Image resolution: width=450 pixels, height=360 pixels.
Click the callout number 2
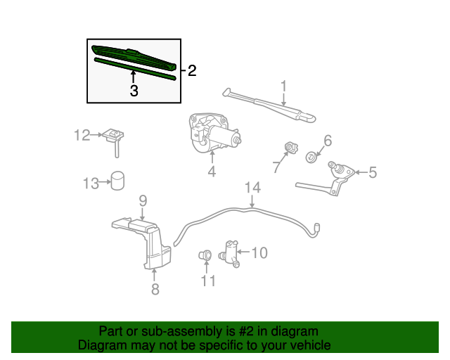(x=191, y=70)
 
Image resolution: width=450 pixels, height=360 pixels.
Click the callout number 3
(x=133, y=91)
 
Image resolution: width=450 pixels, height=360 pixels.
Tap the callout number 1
(x=283, y=86)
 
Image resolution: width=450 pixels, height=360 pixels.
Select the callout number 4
(x=211, y=171)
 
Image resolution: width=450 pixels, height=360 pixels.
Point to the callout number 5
(x=373, y=172)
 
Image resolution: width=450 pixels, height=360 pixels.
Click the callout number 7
(x=276, y=167)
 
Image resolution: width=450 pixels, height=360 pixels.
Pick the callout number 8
(x=155, y=288)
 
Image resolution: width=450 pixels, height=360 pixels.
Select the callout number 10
(x=259, y=252)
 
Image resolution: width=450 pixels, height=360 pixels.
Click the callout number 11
(x=208, y=281)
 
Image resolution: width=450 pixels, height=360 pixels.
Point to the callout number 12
(x=83, y=135)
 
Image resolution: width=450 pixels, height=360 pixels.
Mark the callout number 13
(x=91, y=184)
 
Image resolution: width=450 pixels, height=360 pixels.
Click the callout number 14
(x=252, y=188)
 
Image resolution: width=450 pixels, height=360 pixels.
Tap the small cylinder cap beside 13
(x=117, y=180)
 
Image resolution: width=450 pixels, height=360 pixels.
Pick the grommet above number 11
(x=206, y=254)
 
